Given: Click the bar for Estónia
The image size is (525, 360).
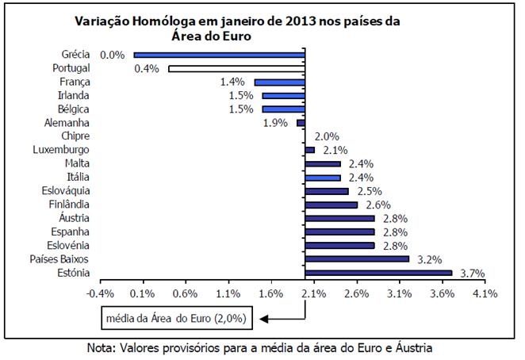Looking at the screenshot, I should (x=378, y=273).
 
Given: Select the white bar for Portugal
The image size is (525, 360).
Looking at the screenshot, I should (x=236, y=69).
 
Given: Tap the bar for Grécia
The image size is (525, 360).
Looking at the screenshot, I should (x=220, y=56).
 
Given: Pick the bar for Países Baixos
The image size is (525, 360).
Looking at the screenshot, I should (x=357, y=259).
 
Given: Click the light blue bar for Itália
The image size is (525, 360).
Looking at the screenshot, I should (x=323, y=178).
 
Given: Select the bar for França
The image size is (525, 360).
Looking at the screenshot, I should (x=279, y=82).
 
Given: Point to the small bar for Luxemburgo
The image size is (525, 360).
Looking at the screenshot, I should (x=309, y=150).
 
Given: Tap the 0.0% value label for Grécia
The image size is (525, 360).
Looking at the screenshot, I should (x=113, y=56).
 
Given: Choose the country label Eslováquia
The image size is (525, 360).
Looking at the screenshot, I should (x=66, y=190).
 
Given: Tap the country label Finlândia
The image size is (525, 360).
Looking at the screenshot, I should (x=69, y=204).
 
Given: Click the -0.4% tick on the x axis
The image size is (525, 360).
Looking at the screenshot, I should (x=101, y=293).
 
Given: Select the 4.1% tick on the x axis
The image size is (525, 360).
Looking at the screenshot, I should (x=485, y=293).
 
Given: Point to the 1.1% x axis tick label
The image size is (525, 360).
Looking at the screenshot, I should (x=228, y=293).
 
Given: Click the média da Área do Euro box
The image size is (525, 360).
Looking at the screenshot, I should (x=177, y=319).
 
